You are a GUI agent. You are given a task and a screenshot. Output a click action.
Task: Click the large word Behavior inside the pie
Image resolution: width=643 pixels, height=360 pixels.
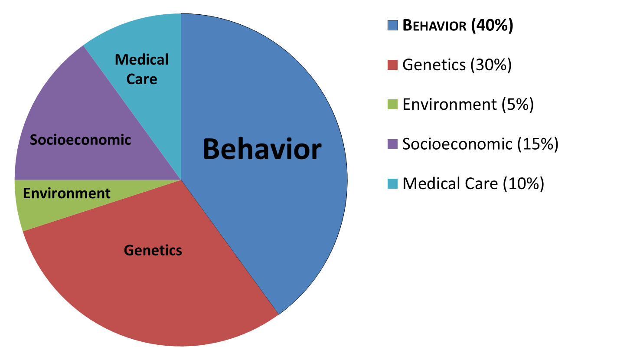(262, 149)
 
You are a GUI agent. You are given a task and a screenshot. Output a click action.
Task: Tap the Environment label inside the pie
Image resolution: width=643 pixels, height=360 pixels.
(67, 193)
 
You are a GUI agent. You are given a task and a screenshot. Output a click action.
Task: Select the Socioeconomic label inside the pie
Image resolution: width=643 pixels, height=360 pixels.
(80, 140)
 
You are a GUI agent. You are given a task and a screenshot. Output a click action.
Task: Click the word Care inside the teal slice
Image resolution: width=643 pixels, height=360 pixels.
(142, 79)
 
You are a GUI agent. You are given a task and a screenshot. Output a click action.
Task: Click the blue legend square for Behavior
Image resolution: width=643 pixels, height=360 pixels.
(393, 25)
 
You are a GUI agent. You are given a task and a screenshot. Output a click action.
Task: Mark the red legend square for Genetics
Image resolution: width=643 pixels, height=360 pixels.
(393, 65)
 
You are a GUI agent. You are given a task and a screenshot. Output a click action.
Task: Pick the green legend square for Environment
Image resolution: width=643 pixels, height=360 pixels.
(393, 104)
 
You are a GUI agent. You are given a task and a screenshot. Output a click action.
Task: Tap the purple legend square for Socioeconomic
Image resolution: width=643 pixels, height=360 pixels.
(393, 144)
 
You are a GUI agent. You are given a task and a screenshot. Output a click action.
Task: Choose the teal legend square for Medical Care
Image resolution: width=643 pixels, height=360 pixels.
(393, 183)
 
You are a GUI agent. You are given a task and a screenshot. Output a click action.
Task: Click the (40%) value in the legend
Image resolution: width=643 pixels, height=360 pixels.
(492, 25)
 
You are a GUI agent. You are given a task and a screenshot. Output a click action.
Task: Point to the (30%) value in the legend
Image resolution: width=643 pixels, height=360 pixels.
(491, 65)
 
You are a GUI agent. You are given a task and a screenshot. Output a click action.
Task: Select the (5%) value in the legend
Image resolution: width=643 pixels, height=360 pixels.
(518, 105)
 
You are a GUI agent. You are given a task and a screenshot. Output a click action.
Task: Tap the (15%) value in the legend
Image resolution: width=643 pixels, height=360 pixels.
(538, 144)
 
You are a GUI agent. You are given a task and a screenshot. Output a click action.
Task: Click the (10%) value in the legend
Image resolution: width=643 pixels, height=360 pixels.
(523, 184)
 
